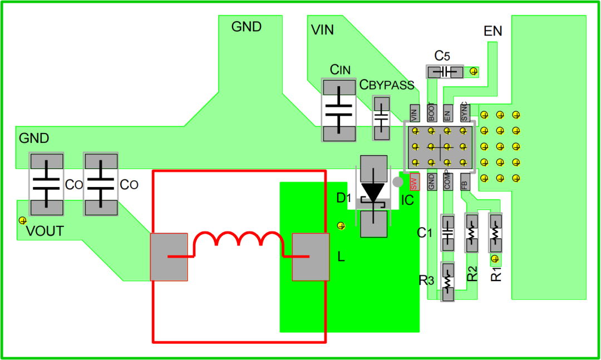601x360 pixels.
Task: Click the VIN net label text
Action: tap(322, 30)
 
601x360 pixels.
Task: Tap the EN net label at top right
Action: tap(492, 31)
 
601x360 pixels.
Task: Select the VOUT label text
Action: tap(45, 231)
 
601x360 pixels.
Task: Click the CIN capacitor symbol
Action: tap(339, 110)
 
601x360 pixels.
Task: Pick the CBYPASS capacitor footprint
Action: tap(381, 118)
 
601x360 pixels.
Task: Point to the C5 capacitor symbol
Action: tap(445, 72)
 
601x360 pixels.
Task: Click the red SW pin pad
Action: tap(415, 182)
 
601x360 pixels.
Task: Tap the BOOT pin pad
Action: tap(431, 113)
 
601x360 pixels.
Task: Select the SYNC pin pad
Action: tap(464, 113)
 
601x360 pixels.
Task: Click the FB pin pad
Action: tap(465, 182)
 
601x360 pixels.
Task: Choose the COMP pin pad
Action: tap(447, 182)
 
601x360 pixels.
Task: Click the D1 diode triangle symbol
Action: tap(373, 193)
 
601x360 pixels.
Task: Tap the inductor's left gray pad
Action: tap(169, 257)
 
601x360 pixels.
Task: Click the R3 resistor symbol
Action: tap(447, 282)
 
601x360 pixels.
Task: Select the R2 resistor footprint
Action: tap(471, 233)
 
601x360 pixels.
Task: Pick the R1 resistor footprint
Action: tap(495, 233)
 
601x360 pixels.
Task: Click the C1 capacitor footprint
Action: tap(447, 233)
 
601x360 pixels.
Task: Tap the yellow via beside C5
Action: tap(474, 71)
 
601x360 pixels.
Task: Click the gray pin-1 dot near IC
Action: tap(398, 182)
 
